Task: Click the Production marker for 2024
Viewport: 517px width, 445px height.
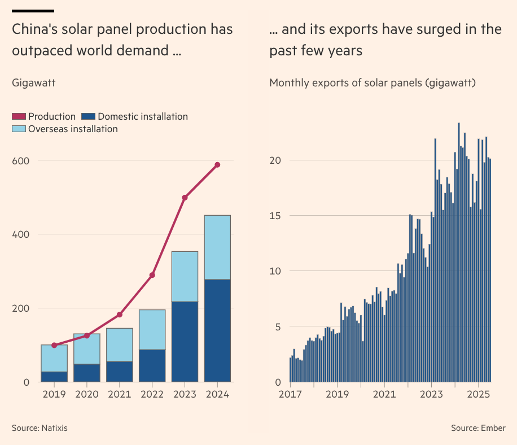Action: (217, 165)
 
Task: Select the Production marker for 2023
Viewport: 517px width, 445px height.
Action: (185, 198)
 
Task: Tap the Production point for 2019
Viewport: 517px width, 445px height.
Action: (54, 345)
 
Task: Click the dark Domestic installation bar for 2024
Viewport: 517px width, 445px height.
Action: (217, 330)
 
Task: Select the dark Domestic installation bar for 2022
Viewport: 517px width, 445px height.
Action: (152, 365)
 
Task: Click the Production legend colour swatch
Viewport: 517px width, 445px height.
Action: (19, 117)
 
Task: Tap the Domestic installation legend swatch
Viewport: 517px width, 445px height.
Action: (87, 117)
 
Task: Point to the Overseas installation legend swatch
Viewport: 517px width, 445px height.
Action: (19, 129)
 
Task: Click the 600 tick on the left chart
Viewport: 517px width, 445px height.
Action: (21, 160)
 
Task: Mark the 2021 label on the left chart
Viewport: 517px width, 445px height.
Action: (119, 394)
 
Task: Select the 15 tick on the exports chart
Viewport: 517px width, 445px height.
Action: (274, 216)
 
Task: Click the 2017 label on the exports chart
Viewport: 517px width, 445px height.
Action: (291, 394)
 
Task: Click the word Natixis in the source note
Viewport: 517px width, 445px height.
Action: (54, 428)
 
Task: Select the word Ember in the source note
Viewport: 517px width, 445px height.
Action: (494, 428)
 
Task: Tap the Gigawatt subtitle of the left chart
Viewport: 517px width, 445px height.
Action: (33, 83)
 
